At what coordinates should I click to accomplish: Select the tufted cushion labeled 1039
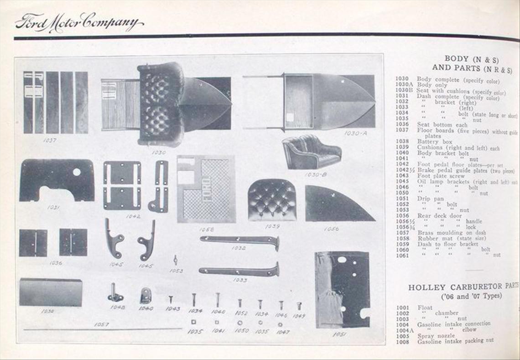pos(272,200)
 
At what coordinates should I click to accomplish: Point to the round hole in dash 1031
pos(77,172)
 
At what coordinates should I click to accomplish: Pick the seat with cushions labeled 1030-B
pos(311,152)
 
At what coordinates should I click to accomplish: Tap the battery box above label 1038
pos(51,292)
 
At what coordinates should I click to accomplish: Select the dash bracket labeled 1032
pos(239,240)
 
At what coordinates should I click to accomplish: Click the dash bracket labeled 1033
pos(239,271)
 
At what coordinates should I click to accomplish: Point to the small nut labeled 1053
pos(176,260)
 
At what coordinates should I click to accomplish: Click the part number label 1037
pos(50,140)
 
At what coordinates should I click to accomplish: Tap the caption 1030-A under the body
pos(355,133)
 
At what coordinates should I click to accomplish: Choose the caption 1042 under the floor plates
pos(133,216)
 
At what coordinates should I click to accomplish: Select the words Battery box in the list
pos(435,142)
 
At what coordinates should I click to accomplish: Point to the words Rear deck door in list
pos(439,215)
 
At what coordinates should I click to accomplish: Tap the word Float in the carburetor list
pos(425,308)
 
